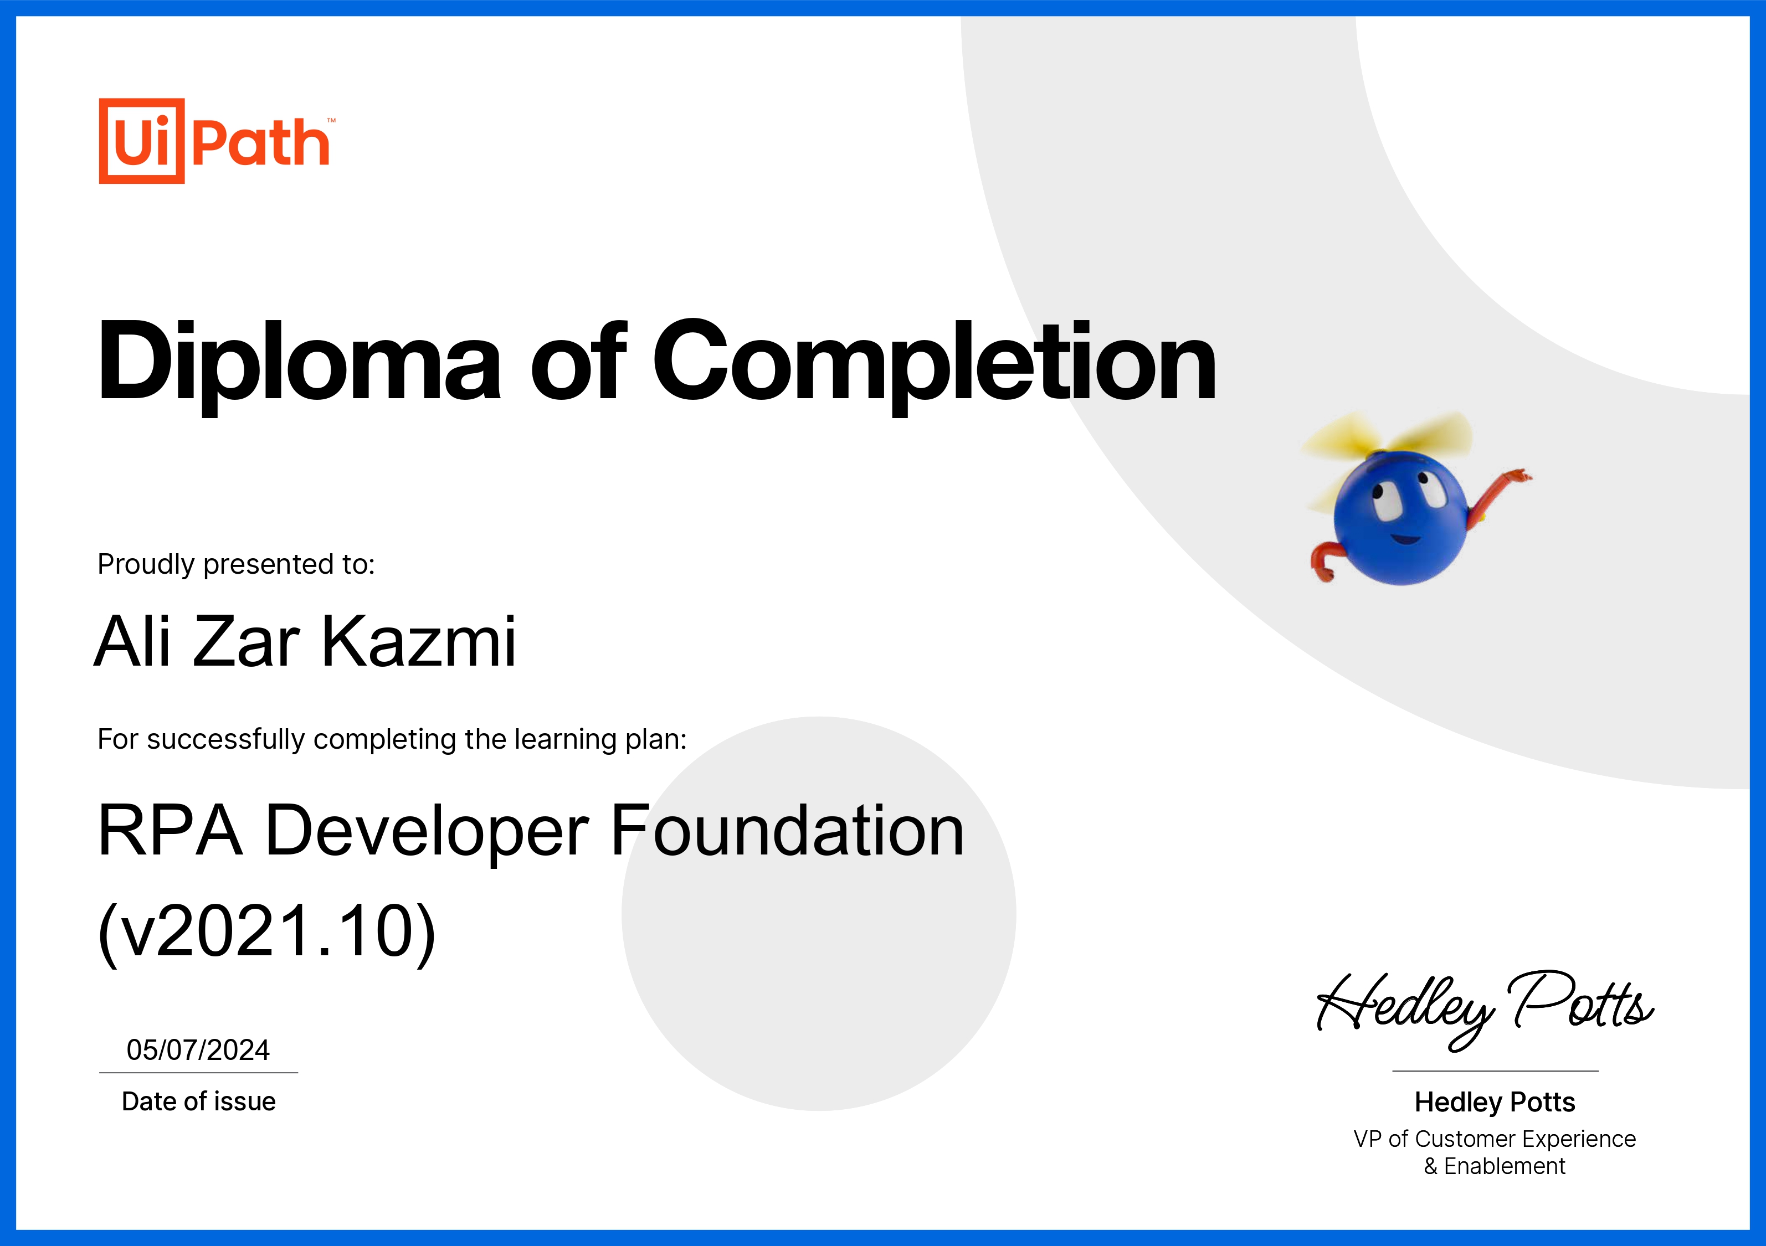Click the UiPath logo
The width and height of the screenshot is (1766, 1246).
pyautogui.click(x=217, y=141)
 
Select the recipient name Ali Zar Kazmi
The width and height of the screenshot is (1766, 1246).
pyautogui.click(x=305, y=641)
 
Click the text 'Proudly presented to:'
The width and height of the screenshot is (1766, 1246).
pyautogui.click(x=236, y=564)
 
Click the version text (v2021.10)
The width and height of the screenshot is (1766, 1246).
pyautogui.click(x=267, y=931)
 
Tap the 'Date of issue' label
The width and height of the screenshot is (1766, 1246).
pyautogui.click(x=198, y=1101)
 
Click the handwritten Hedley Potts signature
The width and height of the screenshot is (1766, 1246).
pyautogui.click(x=1485, y=1007)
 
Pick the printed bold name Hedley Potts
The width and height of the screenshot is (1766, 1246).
pyautogui.click(x=1495, y=1102)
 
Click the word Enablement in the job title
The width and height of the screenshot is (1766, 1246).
pyautogui.click(x=1505, y=1167)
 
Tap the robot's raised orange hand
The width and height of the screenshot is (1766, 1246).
pyautogui.click(x=1517, y=476)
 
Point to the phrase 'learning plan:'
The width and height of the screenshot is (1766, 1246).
pyautogui.click(x=600, y=740)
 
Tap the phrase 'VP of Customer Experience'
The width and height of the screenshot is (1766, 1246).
pyautogui.click(x=1495, y=1139)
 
